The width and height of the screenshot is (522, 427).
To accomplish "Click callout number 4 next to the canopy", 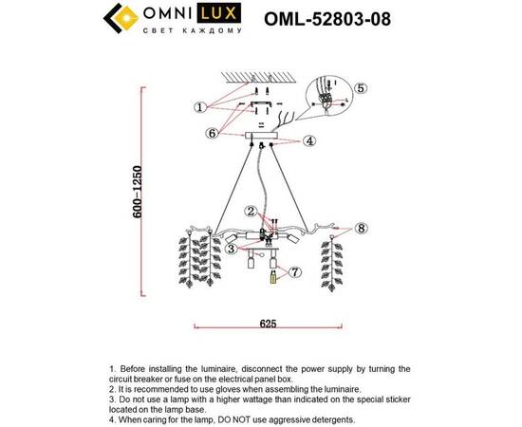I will pyautogui.click(x=309, y=141).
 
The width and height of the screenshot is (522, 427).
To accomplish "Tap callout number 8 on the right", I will pyautogui.click(x=361, y=228).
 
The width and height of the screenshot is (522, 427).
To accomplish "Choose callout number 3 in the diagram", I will pyautogui.click(x=231, y=249).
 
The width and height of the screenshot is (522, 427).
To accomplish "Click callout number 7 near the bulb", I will pyautogui.click(x=294, y=272).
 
